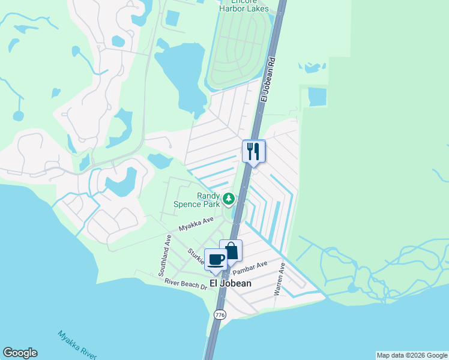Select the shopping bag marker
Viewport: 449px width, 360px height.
[231, 250]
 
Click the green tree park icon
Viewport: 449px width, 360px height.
[228, 199]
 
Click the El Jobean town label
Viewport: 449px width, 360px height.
[230, 283]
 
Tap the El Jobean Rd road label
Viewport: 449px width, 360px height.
[268, 80]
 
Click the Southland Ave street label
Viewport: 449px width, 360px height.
[166, 254]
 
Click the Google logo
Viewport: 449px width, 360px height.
[20, 353]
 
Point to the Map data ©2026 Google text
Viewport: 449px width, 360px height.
[412, 355]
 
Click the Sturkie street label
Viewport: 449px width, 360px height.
[196, 257]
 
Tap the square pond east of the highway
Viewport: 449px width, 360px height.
[316, 97]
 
